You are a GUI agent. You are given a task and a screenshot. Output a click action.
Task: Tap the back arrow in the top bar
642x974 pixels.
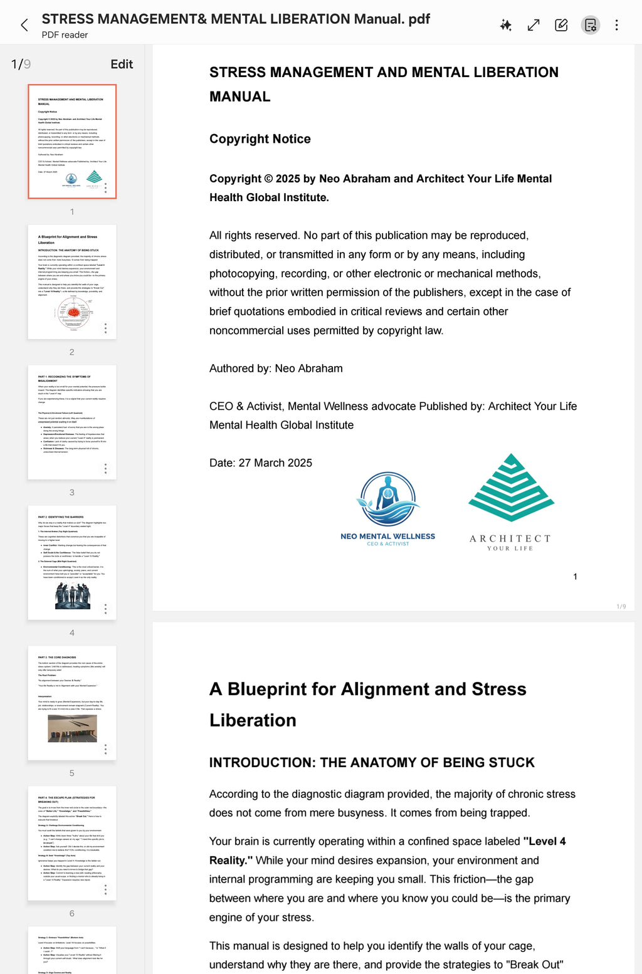(24, 25)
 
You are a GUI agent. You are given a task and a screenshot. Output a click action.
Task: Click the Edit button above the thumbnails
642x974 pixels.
(122, 64)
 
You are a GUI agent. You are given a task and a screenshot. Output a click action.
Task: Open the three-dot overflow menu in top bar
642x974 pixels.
(616, 25)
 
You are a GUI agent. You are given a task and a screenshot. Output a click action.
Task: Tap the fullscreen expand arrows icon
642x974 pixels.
(534, 25)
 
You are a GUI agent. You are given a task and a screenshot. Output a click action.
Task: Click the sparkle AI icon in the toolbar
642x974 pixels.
(505, 25)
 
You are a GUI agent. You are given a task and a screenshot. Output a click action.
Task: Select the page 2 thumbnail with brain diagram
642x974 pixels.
(72, 281)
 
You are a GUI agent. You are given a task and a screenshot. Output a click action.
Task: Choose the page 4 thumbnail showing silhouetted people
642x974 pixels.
(72, 562)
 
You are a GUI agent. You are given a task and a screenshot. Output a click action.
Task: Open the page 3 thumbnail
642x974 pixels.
(72, 422)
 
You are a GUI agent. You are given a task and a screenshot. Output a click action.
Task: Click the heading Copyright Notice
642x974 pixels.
(260, 139)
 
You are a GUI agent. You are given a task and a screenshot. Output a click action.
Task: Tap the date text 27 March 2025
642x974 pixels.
(275, 463)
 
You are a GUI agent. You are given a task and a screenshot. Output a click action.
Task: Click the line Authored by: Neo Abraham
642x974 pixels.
(276, 369)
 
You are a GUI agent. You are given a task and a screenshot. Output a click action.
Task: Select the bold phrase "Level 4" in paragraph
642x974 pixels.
(545, 842)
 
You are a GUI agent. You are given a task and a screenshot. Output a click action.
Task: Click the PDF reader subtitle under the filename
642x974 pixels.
(65, 35)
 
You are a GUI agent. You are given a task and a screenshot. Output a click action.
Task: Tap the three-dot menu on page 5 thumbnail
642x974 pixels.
(105, 749)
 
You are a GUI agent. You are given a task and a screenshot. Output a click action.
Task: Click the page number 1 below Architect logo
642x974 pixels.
(575, 577)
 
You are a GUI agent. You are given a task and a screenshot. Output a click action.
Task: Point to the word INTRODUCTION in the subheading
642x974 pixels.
(261, 763)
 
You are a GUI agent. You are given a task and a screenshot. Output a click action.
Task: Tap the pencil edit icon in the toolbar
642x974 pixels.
(561, 25)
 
